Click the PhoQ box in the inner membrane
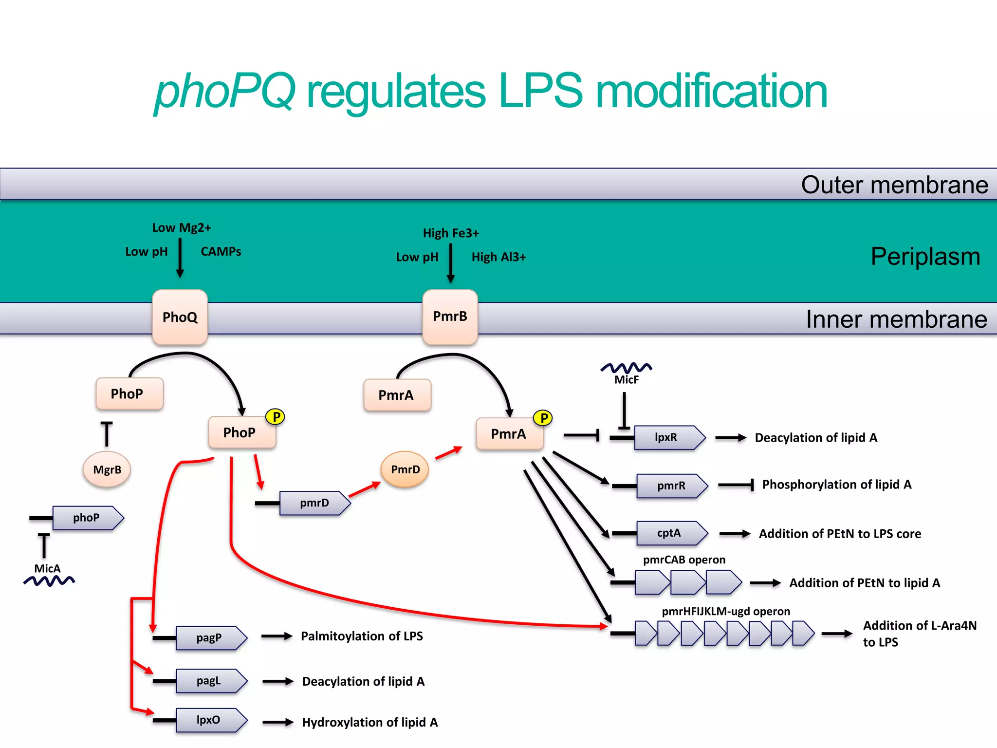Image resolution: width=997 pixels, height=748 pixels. click(180, 317)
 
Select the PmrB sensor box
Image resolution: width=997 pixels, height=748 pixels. click(450, 317)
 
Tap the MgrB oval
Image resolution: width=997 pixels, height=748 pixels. click(107, 469)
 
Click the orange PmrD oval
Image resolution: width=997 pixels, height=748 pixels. click(405, 469)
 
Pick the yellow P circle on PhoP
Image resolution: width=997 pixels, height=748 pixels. click(276, 417)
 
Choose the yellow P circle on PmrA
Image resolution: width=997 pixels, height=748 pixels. click(543, 418)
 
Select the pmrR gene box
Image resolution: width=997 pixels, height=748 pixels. click(671, 486)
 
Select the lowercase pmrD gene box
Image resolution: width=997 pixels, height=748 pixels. click(314, 503)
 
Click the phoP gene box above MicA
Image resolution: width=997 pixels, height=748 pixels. click(87, 518)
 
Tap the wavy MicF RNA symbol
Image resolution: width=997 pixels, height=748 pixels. click(626, 368)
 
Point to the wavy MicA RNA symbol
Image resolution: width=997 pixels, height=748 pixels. click(49, 580)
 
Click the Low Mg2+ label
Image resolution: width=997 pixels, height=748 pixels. click(182, 228)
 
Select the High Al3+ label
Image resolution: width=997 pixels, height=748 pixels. click(498, 257)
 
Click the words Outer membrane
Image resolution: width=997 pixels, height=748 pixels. click(894, 185)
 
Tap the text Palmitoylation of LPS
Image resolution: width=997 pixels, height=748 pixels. click(362, 636)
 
